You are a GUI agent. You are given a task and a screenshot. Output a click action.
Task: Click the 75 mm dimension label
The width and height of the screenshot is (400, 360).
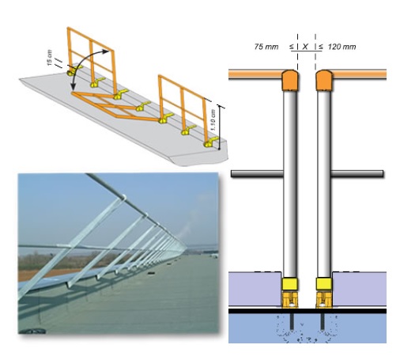[266, 47]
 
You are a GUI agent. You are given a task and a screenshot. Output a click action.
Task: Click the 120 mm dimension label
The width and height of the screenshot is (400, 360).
[342, 47]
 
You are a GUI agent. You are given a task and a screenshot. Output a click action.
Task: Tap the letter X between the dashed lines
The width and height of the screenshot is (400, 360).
[305, 47]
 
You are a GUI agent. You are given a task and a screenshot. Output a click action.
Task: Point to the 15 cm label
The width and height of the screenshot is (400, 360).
[49, 58]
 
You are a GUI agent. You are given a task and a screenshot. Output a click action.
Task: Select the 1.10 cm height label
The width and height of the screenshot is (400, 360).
[213, 120]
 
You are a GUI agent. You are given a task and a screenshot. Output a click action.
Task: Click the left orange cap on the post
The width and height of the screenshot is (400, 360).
[290, 80]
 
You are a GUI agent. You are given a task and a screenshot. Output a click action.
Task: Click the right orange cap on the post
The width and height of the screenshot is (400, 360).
[324, 80]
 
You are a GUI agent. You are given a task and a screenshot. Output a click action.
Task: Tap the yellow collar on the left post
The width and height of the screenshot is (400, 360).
[290, 284]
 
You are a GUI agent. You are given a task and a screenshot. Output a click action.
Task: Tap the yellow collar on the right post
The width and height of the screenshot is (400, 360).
[324, 284]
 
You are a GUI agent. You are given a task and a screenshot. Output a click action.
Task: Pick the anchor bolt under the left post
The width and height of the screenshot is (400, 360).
[292, 321]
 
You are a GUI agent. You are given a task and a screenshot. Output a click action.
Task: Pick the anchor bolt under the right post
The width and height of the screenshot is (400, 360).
[323, 321]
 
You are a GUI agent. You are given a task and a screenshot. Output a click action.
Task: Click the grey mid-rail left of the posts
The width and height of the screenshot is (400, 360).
[257, 173]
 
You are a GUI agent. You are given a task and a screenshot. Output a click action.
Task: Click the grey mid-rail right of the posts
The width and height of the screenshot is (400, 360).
[357, 173]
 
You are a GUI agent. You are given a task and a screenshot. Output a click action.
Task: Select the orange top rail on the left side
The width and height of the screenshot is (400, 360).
[255, 74]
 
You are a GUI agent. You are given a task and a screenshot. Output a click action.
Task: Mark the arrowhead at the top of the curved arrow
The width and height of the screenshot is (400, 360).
[106, 51]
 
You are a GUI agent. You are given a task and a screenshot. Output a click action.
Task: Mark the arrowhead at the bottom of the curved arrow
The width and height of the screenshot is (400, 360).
[73, 86]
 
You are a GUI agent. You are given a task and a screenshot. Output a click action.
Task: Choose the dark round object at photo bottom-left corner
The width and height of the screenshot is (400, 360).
[33, 331]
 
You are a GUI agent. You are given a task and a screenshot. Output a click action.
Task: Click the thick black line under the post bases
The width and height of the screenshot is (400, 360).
[308, 311]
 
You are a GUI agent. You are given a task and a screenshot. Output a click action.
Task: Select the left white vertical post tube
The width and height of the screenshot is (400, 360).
[290, 184]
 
